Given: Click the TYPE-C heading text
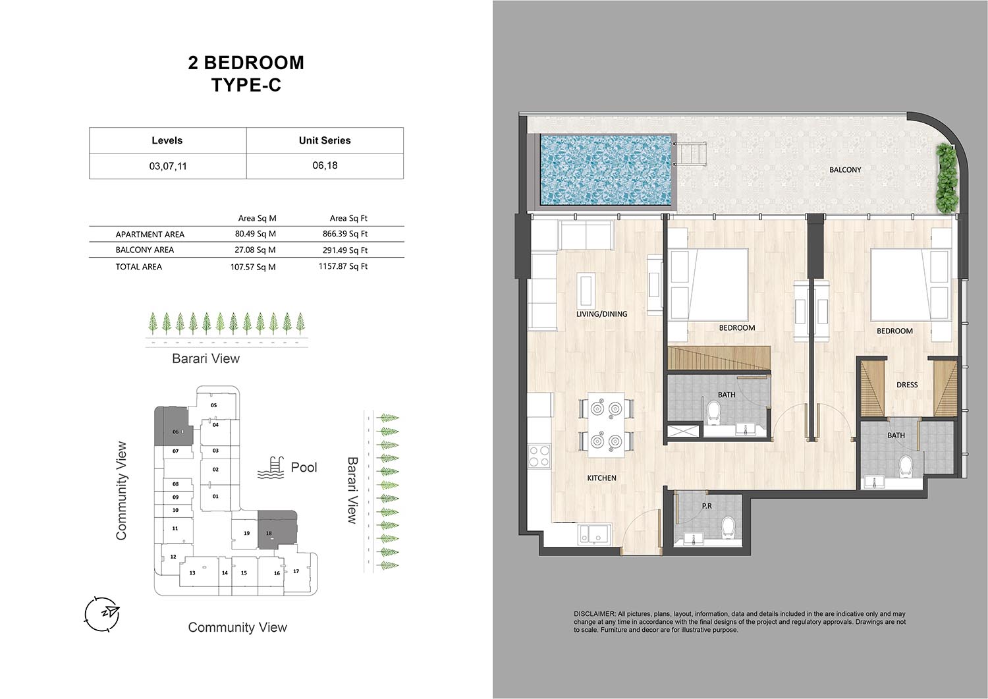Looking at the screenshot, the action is pyautogui.click(x=246, y=85).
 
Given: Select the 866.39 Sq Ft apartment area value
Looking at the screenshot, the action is pyautogui.click(x=345, y=234).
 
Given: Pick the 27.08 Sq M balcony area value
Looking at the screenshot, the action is pyautogui.click(x=255, y=250).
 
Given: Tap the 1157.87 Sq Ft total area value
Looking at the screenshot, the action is pyautogui.click(x=343, y=267).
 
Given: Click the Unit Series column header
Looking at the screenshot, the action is pyautogui.click(x=325, y=140).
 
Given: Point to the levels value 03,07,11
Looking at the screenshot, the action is pyautogui.click(x=167, y=167).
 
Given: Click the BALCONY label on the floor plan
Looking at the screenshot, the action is pyautogui.click(x=845, y=170).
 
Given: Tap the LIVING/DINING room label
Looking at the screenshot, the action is pyautogui.click(x=601, y=314).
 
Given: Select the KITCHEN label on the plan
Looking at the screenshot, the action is pyautogui.click(x=601, y=478).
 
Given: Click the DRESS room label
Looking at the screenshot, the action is pyautogui.click(x=907, y=385).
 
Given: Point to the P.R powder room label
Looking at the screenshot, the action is pyautogui.click(x=707, y=506).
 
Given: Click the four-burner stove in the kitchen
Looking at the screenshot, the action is pyautogui.click(x=539, y=457).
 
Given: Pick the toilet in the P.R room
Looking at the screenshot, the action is pyautogui.click(x=728, y=528).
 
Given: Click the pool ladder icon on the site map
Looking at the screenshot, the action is pyautogui.click(x=270, y=468).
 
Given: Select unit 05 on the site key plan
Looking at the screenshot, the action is pyautogui.click(x=214, y=405).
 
